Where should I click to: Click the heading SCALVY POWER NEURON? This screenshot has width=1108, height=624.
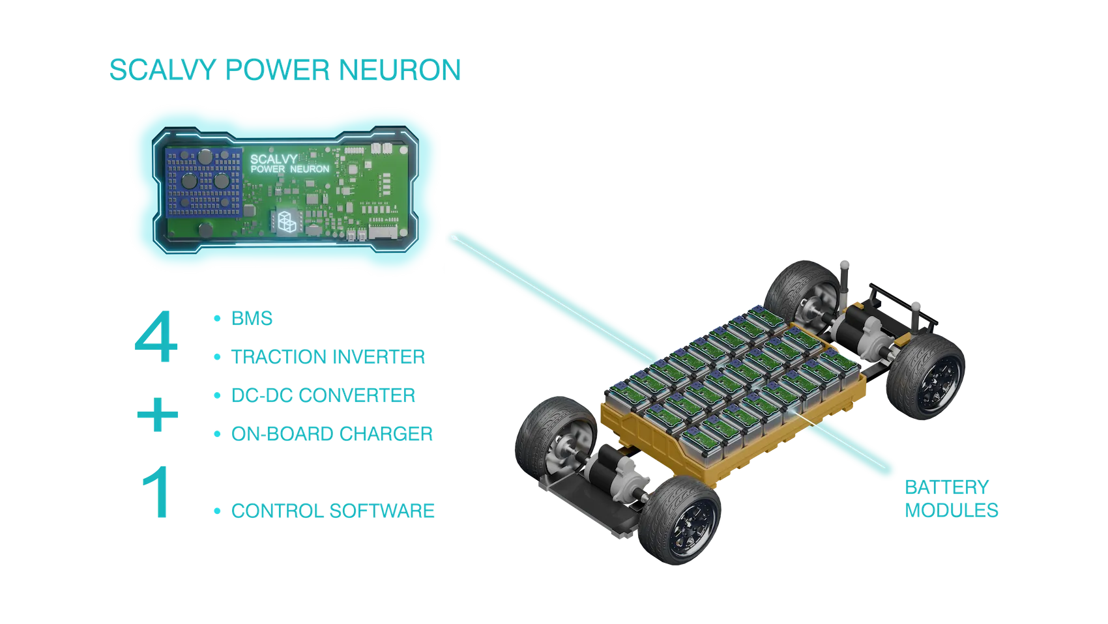click(285, 70)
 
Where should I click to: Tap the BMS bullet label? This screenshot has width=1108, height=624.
click(252, 319)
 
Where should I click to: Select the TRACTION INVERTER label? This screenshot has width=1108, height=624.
click(328, 357)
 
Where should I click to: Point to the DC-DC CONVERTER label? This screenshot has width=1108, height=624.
click(323, 395)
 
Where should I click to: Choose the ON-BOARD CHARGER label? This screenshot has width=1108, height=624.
click(332, 434)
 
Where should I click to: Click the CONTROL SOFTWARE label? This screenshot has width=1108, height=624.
click(332, 511)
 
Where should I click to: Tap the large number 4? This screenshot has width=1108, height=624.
click(156, 337)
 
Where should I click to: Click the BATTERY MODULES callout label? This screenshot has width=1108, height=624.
click(950, 498)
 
